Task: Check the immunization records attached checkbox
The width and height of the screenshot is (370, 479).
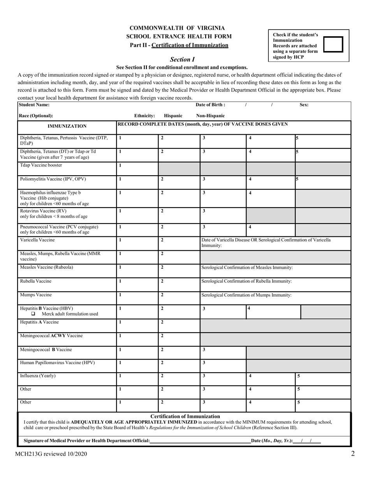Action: (x=333, y=44)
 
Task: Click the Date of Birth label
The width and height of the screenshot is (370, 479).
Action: (x=210, y=105)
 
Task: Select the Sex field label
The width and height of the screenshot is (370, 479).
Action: (x=304, y=105)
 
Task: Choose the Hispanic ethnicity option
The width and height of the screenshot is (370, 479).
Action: (x=173, y=116)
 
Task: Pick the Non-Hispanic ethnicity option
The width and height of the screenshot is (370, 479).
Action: (x=210, y=116)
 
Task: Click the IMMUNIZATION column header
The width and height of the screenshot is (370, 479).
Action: (x=67, y=126)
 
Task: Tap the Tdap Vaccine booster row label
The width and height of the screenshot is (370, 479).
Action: (x=41, y=165)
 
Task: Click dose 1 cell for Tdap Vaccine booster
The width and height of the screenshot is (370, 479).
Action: (x=137, y=168)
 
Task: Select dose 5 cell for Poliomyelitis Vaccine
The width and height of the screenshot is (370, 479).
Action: (x=322, y=182)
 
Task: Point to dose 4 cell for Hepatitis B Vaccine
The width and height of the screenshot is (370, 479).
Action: (x=273, y=312)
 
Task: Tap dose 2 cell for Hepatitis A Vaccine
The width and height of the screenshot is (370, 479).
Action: (x=179, y=326)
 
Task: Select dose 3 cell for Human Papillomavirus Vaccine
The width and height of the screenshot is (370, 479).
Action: (x=223, y=366)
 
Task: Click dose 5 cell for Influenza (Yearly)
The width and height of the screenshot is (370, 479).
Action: (x=322, y=379)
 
